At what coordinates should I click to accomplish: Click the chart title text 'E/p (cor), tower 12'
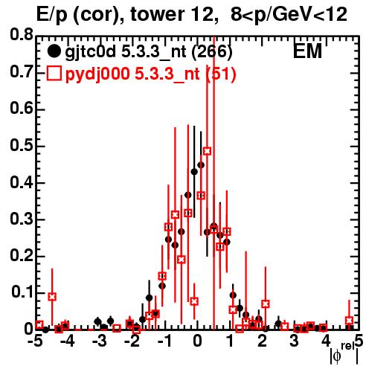pyautogui.click(x=125, y=15)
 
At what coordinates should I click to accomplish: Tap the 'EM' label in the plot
pyautogui.click(x=307, y=51)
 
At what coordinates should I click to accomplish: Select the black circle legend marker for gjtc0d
pyautogui.click(x=54, y=51)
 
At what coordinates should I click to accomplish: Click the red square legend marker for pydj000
pyautogui.click(x=54, y=74)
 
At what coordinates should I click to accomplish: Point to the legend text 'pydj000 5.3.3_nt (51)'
pyautogui.click(x=150, y=74)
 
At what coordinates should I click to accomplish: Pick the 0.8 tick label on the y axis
pyautogui.click(x=22, y=35)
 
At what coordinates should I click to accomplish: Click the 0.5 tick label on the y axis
pyautogui.click(x=22, y=145)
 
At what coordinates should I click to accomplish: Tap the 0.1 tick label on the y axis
pyautogui.click(x=22, y=292)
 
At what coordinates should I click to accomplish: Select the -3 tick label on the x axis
pyautogui.click(x=100, y=341)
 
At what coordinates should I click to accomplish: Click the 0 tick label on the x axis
pyautogui.click(x=197, y=341)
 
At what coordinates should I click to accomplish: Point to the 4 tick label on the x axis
pyautogui.click(x=327, y=341)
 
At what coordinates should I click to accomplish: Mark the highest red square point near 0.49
pyautogui.click(x=208, y=151)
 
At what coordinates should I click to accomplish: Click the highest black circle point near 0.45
pyautogui.click(x=201, y=165)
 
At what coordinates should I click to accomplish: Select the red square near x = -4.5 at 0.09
pyautogui.click(x=52, y=297)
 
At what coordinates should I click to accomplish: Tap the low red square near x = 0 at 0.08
pyautogui.click(x=194, y=301)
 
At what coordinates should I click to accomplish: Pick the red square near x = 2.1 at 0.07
pyautogui.click(x=266, y=304)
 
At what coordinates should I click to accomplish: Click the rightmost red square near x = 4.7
pyautogui.click(x=349, y=321)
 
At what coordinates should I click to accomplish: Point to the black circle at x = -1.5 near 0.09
pyautogui.click(x=149, y=298)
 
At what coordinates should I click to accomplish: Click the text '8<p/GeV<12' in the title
pyautogui.click(x=289, y=15)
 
